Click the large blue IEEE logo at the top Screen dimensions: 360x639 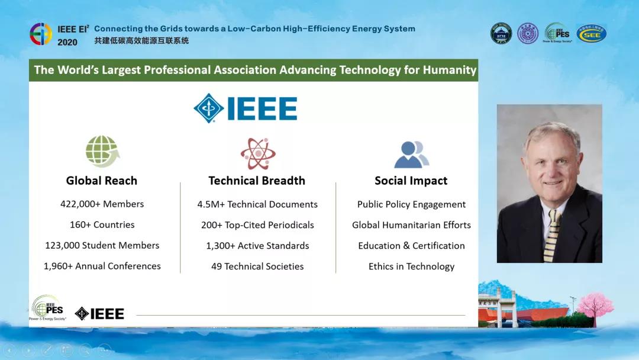[246, 108]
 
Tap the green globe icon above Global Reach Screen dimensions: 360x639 [102, 152]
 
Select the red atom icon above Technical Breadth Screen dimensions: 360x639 [257, 153]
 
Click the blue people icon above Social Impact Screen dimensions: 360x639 [411, 154]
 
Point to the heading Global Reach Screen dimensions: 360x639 [102, 181]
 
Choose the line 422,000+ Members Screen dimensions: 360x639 [102, 204]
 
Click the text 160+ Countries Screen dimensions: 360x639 [102, 224]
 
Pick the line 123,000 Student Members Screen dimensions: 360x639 [102, 245]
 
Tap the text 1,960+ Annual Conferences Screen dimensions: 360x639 [102, 266]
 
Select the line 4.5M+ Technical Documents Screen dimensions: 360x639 [257, 204]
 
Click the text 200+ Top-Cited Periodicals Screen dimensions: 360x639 [257, 225]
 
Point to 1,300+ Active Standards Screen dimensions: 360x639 [257, 246]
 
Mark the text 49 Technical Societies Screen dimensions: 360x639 [257, 266]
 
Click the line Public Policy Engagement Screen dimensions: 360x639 [411, 204]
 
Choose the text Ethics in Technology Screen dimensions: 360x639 [411, 266]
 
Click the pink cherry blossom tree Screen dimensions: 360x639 [594, 306]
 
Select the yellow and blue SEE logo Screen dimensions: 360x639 [591, 34]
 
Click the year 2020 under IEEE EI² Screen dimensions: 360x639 [67, 43]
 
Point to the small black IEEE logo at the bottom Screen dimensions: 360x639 [99, 314]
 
